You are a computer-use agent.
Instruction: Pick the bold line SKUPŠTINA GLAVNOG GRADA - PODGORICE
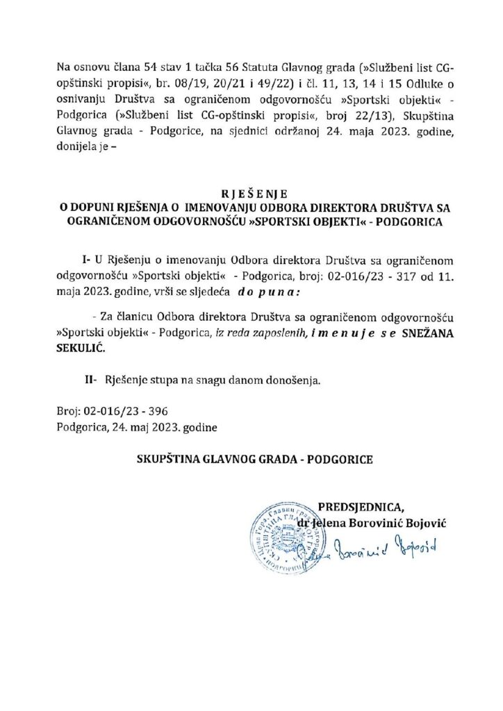[x=251, y=460]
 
